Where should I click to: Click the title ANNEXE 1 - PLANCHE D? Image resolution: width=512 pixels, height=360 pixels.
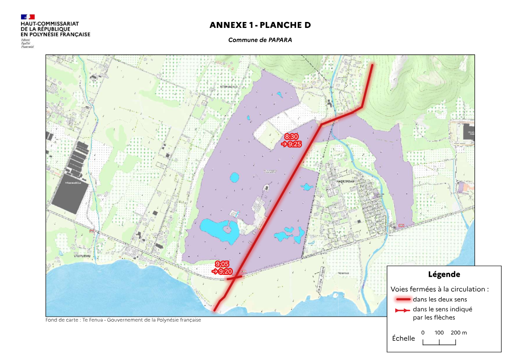pos(260,25)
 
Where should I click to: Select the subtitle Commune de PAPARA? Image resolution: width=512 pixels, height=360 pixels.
pos(260,40)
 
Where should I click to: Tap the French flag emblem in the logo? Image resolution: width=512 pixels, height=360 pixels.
pos(27,17)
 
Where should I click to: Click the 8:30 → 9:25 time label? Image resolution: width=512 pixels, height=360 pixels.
pos(291,140)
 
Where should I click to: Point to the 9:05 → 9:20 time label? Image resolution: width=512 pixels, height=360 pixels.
pos(222,268)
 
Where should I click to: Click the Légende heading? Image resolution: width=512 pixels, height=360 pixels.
pos(444,274)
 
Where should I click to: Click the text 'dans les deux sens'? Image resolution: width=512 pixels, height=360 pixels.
pos(440,300)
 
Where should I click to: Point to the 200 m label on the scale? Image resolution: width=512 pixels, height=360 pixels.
pos(458,333)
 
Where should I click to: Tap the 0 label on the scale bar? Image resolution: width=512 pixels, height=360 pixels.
pos(423,333)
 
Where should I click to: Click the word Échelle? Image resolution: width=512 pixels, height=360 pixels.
pos(404,339)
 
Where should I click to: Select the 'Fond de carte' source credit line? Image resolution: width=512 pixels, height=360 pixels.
pos(123,320)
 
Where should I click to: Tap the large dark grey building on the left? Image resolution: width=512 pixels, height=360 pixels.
pos(70,197)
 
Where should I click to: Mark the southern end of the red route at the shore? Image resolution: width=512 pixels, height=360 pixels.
pos(215,311)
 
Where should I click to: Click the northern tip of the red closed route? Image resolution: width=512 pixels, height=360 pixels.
pos(372,65)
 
